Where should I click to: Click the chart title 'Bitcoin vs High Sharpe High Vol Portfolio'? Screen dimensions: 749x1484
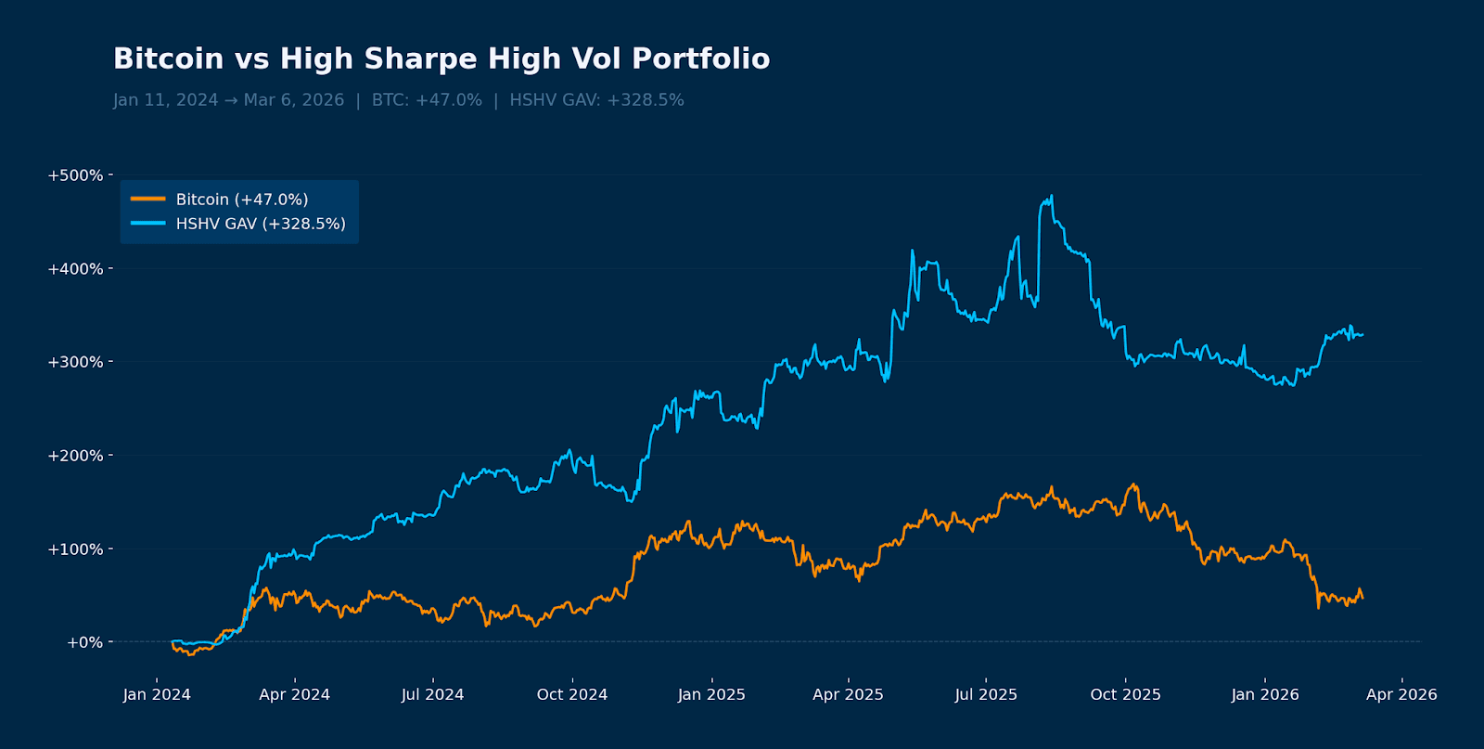click(441, 59)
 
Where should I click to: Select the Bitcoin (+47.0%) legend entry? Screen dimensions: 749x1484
click(241, 200)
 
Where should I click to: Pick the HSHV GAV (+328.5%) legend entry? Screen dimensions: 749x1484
click(260, 224)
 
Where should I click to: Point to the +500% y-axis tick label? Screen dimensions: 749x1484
click(75, 175)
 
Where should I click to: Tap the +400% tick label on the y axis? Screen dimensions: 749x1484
click(75, 269)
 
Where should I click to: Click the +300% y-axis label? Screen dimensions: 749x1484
click(75, 362)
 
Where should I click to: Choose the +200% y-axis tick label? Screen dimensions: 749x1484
click(75, 456)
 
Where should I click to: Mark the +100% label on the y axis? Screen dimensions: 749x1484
click(75, 549)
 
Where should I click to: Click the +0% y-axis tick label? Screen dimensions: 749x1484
click(84, 642)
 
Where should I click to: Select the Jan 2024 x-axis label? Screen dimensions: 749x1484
click(157, 694)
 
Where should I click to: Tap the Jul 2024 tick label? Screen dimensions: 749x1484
click(432, 694)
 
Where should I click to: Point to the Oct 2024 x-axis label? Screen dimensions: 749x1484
click(572, 694)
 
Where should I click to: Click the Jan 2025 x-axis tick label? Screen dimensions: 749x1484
click(711, 694)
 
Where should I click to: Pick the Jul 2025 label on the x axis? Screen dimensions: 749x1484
click(986, 694)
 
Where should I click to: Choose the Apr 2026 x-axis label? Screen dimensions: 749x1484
click(1401, 694)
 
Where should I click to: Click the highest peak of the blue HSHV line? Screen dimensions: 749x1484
click(1051, 196)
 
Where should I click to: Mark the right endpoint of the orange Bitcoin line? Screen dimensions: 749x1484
click(1362, 599)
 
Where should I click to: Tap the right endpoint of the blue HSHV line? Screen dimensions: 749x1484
click(1362, 335)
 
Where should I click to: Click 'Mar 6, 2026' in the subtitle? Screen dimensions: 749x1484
click(294, 100)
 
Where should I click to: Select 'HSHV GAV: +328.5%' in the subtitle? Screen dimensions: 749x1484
click(596, 100)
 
